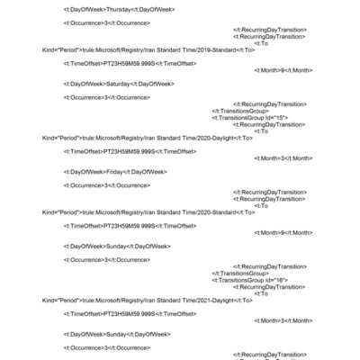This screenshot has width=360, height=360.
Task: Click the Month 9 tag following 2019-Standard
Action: pyautogui.click(x=283, y=69)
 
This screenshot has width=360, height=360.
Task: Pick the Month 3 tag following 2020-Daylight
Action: pyautogui.click(x=283, y=157)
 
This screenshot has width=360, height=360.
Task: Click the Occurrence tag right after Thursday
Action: pyautogui.click(x=106, y=22)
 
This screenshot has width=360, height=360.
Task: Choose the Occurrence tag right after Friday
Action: pyautogui.click(x=106, y=184)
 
